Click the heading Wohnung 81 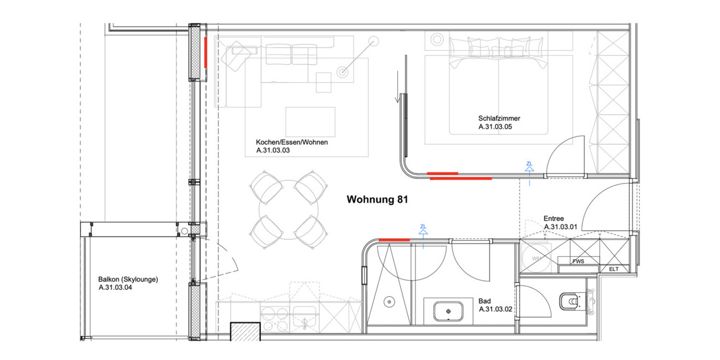(377, 200)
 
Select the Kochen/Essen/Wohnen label (292, 143)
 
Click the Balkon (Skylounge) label (128, 279)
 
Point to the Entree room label (553, 219)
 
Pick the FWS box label (578, 262)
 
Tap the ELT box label (613, 269)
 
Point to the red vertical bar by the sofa (205, 52)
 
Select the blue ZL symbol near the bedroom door (529, 167)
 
